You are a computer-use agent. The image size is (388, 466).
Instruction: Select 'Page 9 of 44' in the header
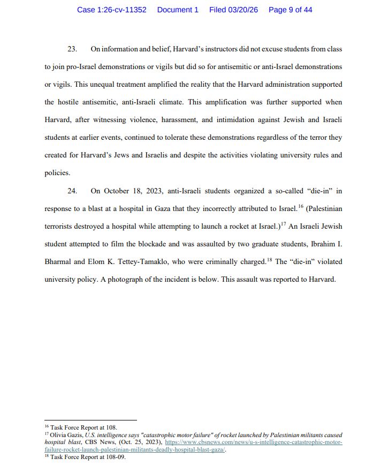click(x=291, y=10)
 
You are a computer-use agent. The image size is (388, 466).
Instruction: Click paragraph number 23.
click(x=72, y=49)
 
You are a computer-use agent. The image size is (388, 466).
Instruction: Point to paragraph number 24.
click(x=72, y=191)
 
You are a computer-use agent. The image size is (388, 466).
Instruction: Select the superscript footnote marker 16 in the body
click(x=301, y=206)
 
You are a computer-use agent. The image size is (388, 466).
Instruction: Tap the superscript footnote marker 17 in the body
click(x=283, y=224)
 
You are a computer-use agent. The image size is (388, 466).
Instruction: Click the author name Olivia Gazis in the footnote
click(x=66, y=435)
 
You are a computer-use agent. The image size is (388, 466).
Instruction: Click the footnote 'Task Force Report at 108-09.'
click(x=87, y=457)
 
